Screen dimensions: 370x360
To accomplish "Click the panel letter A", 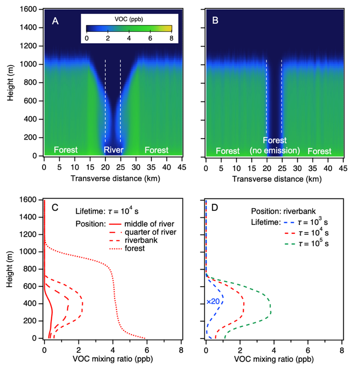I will coord(55,22).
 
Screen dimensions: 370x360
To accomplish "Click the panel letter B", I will coord(216,22).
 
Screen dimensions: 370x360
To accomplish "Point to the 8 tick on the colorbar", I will coord(171,38).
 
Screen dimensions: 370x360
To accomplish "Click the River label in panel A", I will coord(113,150).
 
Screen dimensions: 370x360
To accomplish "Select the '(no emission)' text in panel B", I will coord(274,149).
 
